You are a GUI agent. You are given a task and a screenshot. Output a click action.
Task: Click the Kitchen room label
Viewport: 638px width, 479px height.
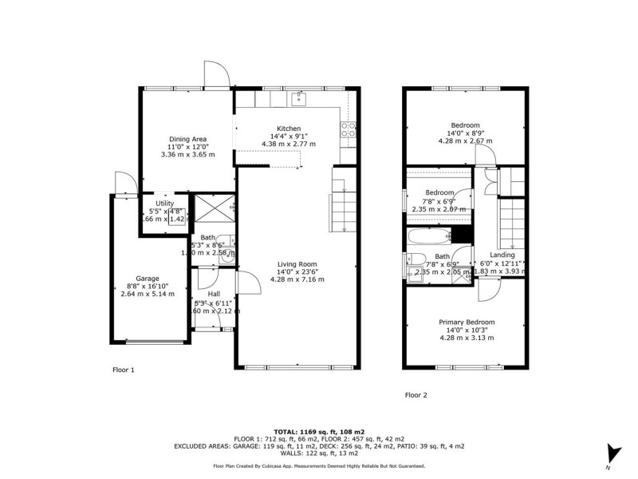[288, 129]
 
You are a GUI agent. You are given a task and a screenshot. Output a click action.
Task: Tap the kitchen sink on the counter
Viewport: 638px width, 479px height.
[300, 98]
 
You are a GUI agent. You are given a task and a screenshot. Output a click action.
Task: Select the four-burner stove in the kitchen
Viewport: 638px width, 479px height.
[349, 129]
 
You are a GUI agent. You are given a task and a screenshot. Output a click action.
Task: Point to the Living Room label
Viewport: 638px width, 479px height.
[297, 264]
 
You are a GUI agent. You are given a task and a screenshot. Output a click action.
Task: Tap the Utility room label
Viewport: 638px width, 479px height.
[164, 204]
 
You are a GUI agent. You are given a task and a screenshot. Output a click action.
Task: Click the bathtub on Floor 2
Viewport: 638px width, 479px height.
[428, 236]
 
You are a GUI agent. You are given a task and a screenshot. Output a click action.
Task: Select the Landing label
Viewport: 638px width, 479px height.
[502, 255]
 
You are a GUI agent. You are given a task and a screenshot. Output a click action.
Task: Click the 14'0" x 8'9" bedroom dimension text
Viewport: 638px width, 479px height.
[466, 133]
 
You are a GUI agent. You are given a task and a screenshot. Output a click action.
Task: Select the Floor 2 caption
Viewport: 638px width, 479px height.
[416, 394]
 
